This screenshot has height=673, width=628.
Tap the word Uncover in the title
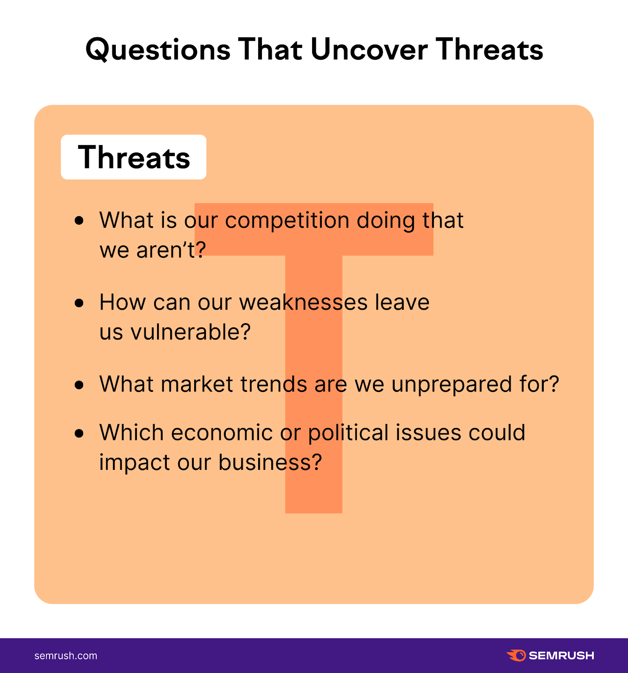coord(369,50)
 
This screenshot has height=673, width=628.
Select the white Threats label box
coord(134,157)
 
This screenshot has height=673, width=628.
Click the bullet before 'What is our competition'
coord(79,220)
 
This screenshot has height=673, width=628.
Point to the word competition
coord(287,221)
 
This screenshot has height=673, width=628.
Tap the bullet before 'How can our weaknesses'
coord(79,303)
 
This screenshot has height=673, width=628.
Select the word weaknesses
coord(303,303)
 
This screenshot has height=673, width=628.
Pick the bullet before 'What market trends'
coord(79,385)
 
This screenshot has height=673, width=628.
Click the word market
coord(197,384)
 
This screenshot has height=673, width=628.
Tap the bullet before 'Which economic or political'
coord(79,433)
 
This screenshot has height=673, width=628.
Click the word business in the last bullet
coord(270,463)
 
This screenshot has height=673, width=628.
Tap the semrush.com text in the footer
coord(66,656)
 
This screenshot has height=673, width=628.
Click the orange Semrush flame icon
coord(516,655)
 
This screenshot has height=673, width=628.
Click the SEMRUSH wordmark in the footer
coord(561,656)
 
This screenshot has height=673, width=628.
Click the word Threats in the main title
coord(489,50)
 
